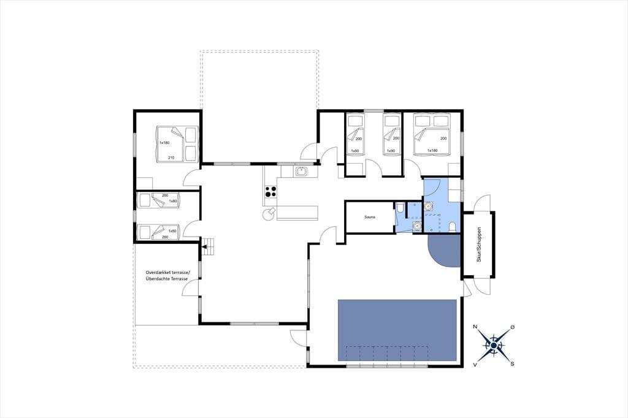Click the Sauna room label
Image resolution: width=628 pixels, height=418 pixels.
(x=370, y=217)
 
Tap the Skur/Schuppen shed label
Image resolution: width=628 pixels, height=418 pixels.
(x=478, y=245)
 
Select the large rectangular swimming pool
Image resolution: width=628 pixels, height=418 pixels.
(x=397, y=330)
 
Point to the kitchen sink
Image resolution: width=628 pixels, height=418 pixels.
(x=301, y=172)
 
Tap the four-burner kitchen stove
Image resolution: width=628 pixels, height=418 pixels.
(x=270, y=191)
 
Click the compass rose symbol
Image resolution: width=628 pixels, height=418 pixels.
(x=494, y=345)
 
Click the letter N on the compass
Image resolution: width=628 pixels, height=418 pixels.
(x=475, y=327)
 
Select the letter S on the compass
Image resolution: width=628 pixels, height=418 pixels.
(x=512, y=364)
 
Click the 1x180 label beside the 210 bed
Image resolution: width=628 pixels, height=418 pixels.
(x=164, y=143)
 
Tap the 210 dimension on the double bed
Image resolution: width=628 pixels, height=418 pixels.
(x=171, y=158)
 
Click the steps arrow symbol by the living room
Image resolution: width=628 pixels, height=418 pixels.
(x=209, y=246)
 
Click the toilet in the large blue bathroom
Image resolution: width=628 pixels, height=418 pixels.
(x=452, y=227)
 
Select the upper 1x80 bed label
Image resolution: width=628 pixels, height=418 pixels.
(x=172, y=201)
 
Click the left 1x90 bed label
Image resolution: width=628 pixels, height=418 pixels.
(x=355, y=151)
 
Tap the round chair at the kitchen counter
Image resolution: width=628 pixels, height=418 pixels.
(x=267, y=215)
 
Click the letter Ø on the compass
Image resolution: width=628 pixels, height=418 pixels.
(x=513, y=327)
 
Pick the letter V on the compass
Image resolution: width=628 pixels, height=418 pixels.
(x=475, y=364)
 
